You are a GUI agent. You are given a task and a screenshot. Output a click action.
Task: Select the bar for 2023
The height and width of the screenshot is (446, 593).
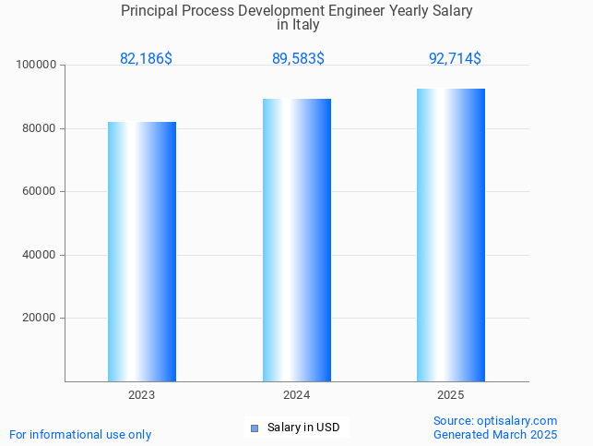(x=142, y=251)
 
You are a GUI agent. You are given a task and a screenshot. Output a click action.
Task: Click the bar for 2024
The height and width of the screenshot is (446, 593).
(x=296, y=240)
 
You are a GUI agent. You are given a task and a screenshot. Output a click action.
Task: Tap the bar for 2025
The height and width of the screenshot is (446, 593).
(x=451, y=235)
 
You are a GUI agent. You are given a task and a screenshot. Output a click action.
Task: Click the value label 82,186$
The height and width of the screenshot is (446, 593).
(x=146, y=58)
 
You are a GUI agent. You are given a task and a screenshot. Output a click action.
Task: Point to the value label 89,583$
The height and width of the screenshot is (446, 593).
(x=298, y=58)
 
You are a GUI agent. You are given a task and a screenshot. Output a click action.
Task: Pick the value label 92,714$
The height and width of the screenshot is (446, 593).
(x=455, y=58)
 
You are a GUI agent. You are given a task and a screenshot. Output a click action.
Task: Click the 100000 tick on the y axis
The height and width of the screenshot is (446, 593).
(x=38, y=65)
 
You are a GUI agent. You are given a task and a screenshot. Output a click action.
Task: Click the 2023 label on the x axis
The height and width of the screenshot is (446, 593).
(x=142, y=394)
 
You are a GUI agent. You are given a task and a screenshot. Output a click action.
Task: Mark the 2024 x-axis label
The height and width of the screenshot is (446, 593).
(x=296, y=394)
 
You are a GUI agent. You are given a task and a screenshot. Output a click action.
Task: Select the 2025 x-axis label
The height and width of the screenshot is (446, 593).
(x=451, y=394)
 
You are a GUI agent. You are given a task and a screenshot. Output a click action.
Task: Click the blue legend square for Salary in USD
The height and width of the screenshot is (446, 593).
(x=255, y=428)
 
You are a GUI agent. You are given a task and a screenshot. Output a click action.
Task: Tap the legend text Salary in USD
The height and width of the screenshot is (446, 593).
(x=303, y=428)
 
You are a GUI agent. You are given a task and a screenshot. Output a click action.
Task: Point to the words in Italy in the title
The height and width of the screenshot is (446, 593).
(x=298, y=25)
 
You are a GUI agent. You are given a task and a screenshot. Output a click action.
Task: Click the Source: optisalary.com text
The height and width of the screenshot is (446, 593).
(x=495, y=420)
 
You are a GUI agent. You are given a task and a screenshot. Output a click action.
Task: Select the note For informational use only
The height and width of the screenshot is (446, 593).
(x=80, y=434)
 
